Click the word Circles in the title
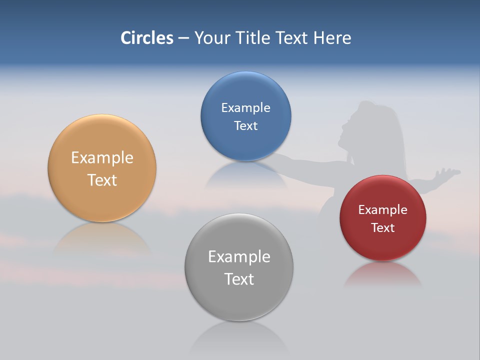pos(146,38)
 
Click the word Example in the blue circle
pos(245,108)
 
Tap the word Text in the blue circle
pos(245,126)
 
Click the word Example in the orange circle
pos(102,158)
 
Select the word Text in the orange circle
pos(102,180)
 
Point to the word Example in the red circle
pos(383,210)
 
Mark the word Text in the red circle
pos(383,228)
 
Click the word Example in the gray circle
pos(239,257)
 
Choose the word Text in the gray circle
pos(239,279)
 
